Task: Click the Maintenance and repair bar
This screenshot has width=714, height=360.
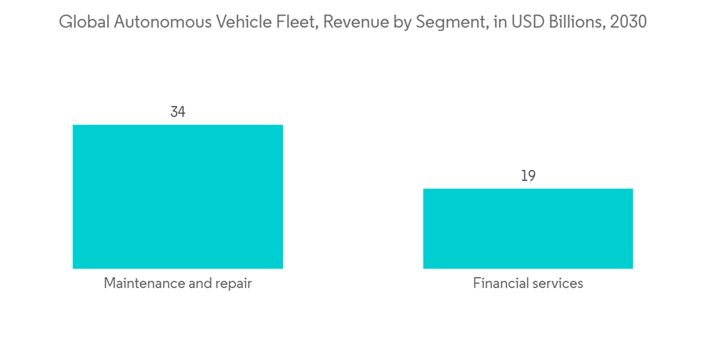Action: (x=178, y=196)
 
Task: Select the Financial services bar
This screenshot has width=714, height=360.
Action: (x=528, y=229)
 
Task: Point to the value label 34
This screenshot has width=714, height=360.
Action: (x=178, y=112)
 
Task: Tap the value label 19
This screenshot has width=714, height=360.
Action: (x=528, y=176)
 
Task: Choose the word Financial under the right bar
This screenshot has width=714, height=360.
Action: (x=498, y=284)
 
